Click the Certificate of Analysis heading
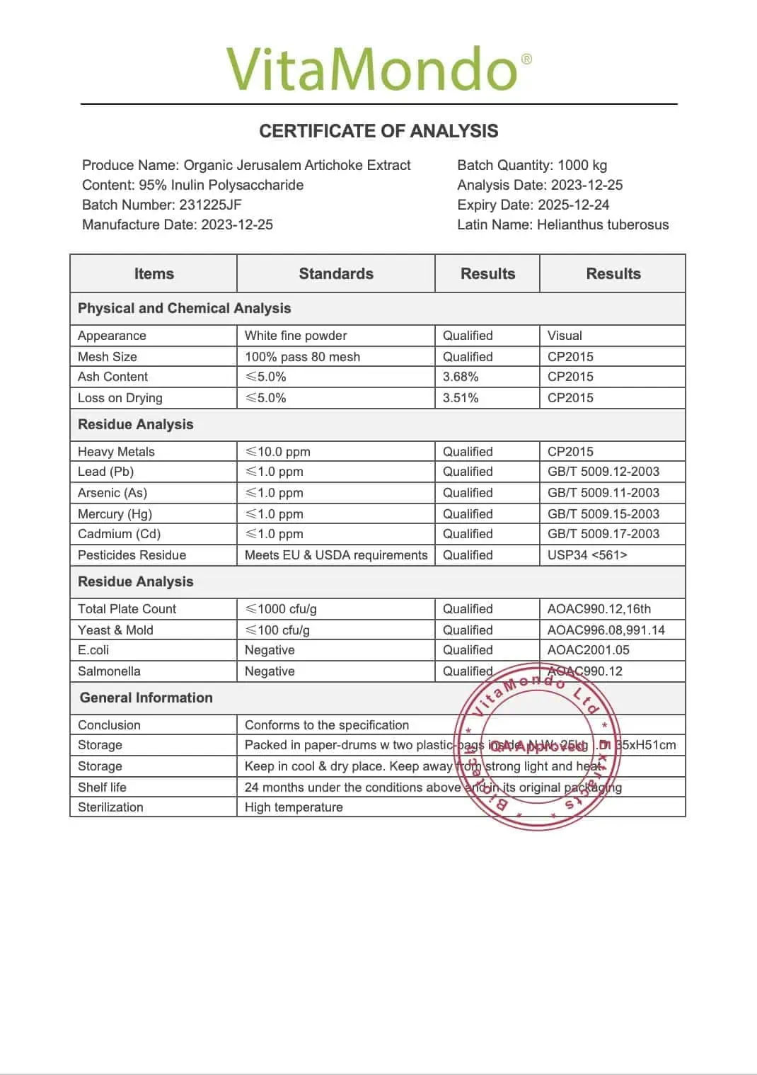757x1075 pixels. click(x=378, y=131)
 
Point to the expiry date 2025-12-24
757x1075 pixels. click(x=573, y=205)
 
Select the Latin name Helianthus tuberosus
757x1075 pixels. click(x=602, y=224)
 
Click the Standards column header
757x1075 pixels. click(x=336, y=274)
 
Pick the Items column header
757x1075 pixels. click(x=154, y=274)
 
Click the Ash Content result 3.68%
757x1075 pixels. click(x=461, y=377)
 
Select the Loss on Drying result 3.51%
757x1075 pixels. click(x=461, y=398)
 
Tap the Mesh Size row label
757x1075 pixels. click(x=108, y=357)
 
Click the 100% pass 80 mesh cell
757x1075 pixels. click(x=302, y=357)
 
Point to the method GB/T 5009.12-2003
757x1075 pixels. click(x=603, y=472)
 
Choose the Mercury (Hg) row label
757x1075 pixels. click(x=115, y=514)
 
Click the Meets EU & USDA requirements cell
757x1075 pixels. click(x=336, y=555)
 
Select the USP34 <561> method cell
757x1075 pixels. click(x=587, y=555)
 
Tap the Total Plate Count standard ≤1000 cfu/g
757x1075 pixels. click(x=281, y=609)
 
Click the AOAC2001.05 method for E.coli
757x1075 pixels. click(x=588, y=650)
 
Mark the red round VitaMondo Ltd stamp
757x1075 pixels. click(x=538, y=746)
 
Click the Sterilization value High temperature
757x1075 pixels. click(x=294, y=807)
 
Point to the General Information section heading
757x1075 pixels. click(x=146, y=698)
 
